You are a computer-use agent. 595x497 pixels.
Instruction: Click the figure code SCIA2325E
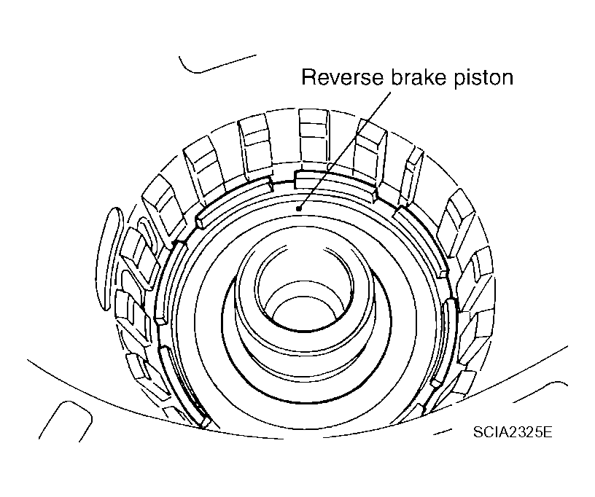pyautogui.click(x=512, y=431)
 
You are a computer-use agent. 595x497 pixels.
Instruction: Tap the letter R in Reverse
pyautogui.click(x=309, y=78)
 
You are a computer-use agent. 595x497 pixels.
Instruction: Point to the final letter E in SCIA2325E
pyautogui.click(x=547, y=431)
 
